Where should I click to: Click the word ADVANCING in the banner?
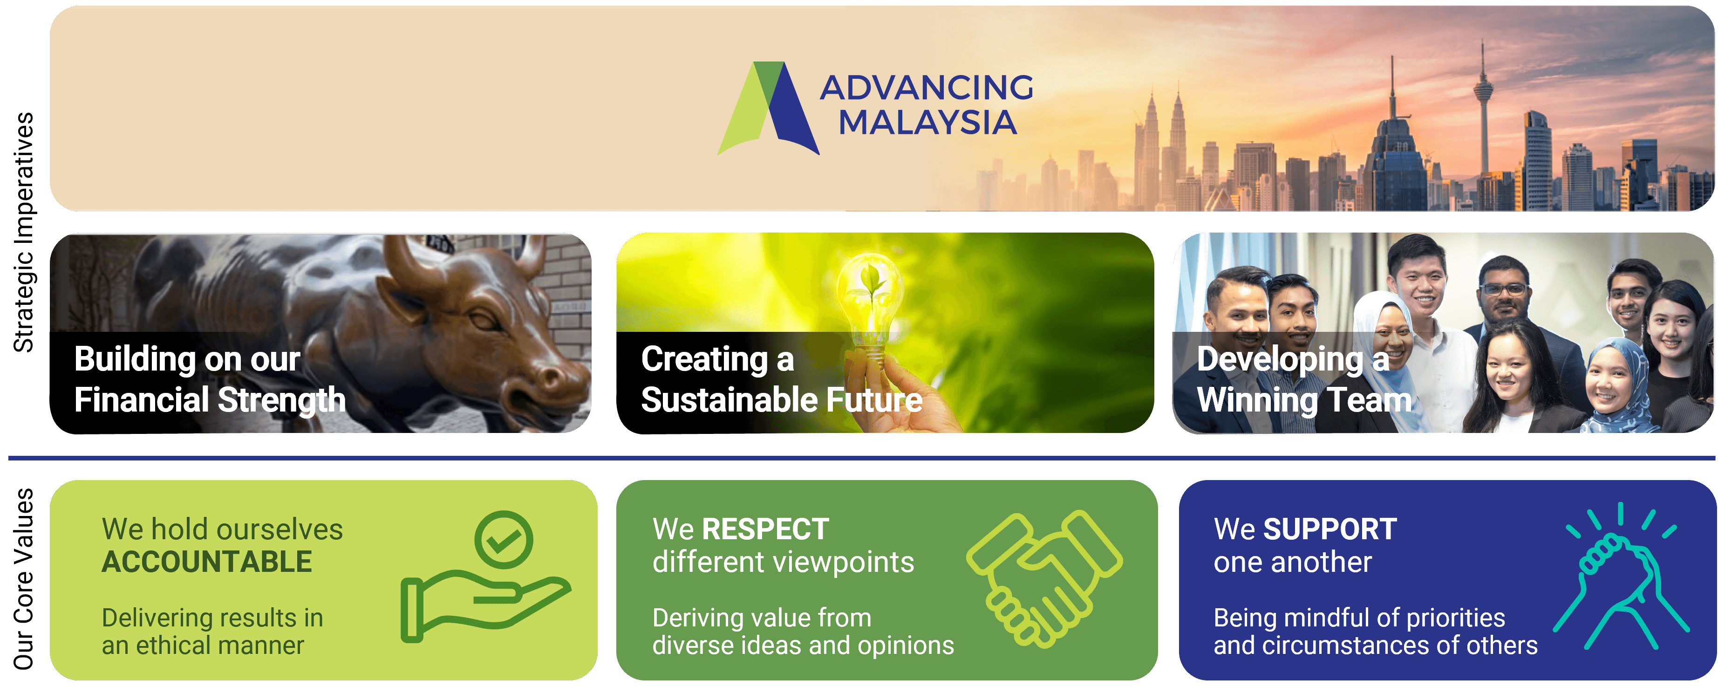click(x=927, y=87)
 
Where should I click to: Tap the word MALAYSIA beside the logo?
click(x=927, y=123)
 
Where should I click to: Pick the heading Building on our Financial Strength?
click(x=210, y=379)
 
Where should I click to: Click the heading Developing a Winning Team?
click(x=1304, y=379)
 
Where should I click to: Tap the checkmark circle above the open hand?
click(x=504, y=539)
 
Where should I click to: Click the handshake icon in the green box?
click(x=1044, y=577)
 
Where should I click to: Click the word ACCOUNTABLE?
click(x=207, y=562)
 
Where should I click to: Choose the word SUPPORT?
click(x=1330, y=529)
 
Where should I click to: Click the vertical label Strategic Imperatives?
click(x=23, y=232)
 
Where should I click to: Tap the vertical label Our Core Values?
click(x=23, y=579)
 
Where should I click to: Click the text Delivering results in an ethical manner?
click(x=212, y=631)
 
